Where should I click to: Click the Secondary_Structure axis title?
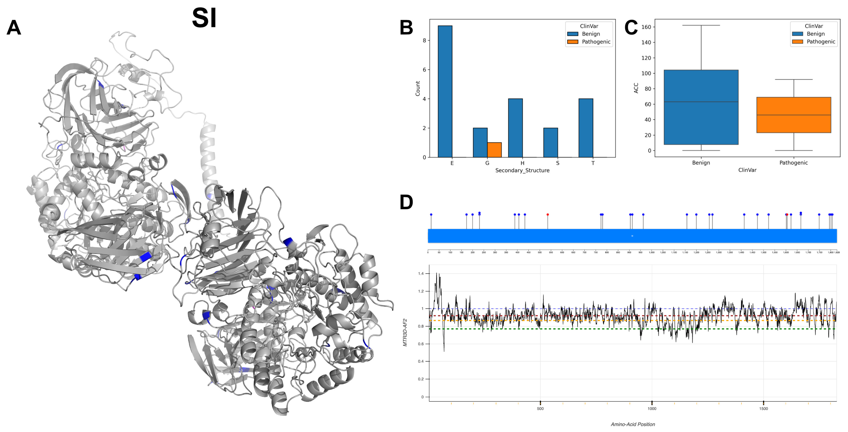click(522, 171)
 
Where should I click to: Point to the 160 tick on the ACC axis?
click(646, 27)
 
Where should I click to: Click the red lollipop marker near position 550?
click(548, 215)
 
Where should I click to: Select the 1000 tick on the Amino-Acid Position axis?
click(652, 409)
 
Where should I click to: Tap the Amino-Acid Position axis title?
click(633, 424)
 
